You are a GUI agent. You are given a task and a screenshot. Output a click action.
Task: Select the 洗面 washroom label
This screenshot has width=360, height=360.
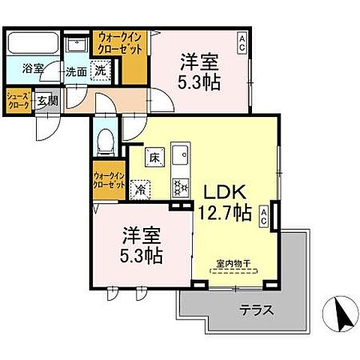pos(74,73)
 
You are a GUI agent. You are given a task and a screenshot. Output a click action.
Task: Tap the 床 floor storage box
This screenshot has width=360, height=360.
pos(154,158)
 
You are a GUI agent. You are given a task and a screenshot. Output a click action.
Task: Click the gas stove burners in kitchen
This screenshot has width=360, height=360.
pos(180,181)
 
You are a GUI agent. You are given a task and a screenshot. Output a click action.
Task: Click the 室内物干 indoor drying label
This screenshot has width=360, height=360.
pos(232,262)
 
